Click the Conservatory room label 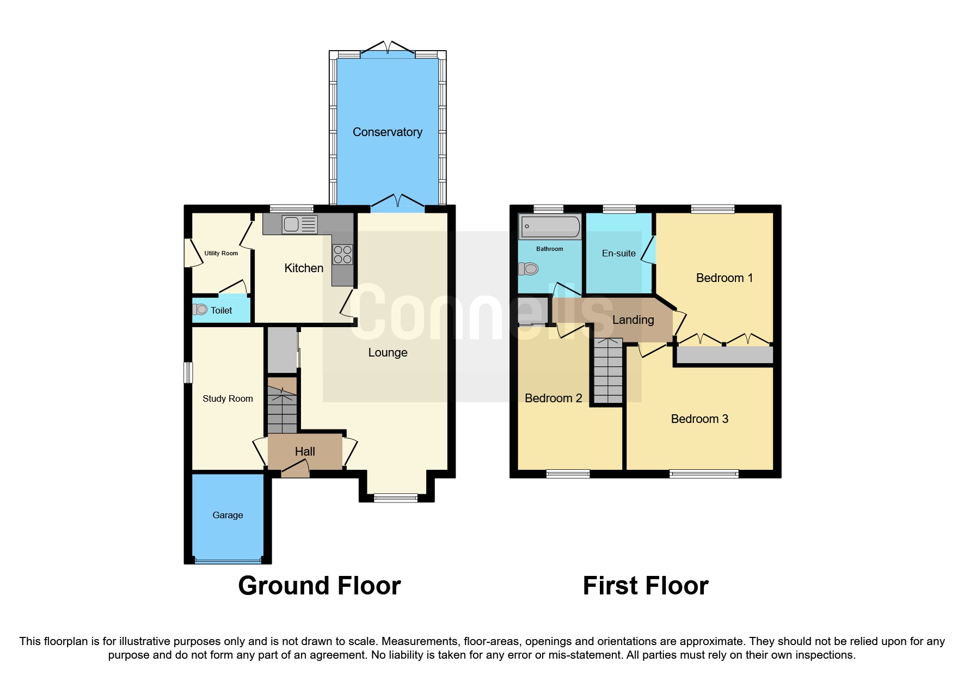[387, 132]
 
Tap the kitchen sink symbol [299, 224]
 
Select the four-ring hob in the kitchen [342, 254]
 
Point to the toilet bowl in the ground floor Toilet [200, 310]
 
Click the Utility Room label [221, 253]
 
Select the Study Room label [228, 398]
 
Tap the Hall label [305, 451]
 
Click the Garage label [228, 515]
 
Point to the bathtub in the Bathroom [550, 226]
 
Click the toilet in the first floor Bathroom [529, 269]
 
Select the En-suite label [618, 253]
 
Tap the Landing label [633, 320]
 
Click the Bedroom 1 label [724, 278]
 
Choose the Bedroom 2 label [553, 398]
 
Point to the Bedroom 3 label [699, 419]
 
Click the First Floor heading [646, 586]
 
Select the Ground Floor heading [320, 586]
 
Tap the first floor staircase [607, 370]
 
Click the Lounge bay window [396, 497]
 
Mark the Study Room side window [188, 373]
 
